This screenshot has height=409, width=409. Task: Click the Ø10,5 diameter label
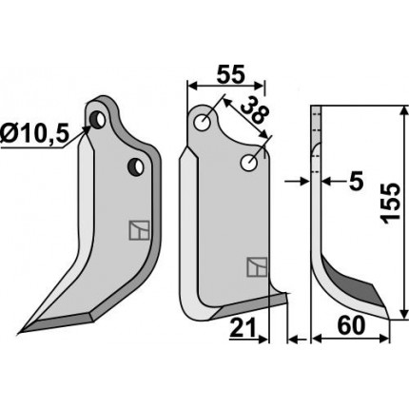(x=34, y=133)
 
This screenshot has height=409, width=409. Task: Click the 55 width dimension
(x=230, y=75)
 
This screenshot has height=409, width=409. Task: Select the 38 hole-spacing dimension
(x=255, y=110)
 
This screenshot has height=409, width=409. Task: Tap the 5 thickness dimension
(x=356, y=183)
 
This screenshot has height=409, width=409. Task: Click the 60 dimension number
(x=351, y=326)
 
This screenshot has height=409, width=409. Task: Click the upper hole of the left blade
(x=98, y=119)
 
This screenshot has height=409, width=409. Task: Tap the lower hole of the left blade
(x=136, y=166)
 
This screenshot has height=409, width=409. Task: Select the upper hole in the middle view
(x=204, y=123)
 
